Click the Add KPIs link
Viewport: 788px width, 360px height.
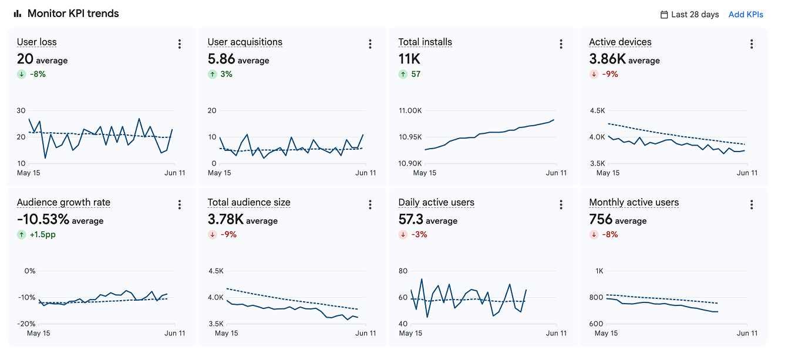click(746, 15)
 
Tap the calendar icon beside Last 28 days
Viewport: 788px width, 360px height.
click(664, 15)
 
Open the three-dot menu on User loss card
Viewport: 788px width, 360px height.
click(180, 44)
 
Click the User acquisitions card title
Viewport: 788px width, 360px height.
click(245, 42)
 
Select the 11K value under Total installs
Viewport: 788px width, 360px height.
click(409, 59)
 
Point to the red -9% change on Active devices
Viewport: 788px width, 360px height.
click(610, 74)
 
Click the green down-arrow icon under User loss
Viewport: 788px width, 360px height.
click(22, 74)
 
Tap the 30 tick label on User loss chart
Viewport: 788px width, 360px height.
click(21, 110)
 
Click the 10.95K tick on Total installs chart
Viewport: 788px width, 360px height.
click(410, 137)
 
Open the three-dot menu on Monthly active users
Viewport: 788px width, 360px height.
click(752, 204)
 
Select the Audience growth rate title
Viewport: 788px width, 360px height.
click(63, 203)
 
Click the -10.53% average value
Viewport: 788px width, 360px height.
click(43, 219)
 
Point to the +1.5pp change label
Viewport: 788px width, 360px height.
click(42, 234)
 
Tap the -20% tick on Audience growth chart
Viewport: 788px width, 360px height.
click(26, 324)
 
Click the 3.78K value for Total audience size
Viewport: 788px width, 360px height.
click(225, 219)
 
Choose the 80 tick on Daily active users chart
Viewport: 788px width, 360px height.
click(403, 271)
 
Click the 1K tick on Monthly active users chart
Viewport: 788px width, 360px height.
click(600, 271)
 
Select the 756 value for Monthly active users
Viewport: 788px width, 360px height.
click(601, 219)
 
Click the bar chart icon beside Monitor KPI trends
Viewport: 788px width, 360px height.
click(17, 14)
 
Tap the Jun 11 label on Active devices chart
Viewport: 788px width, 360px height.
click(747, 173)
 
